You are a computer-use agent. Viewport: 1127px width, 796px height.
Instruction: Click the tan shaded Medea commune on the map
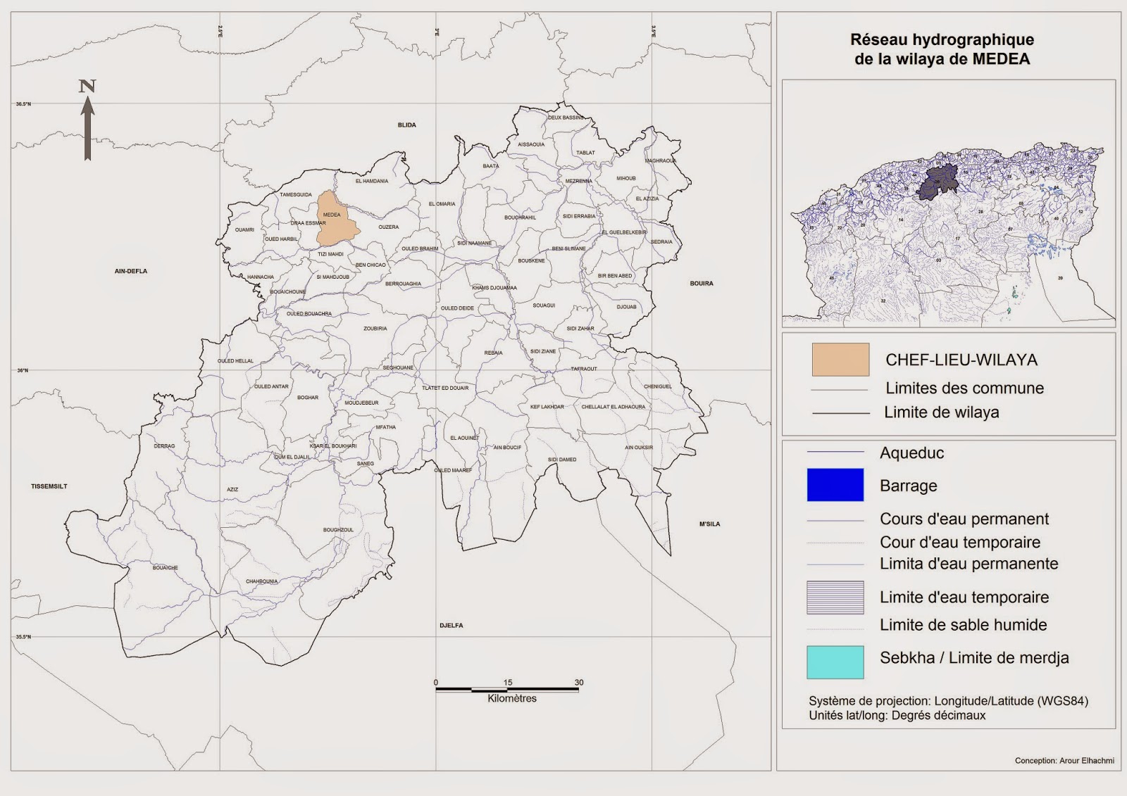[x=337, y=222]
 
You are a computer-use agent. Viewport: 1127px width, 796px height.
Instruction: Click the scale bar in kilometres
[x=507, y=689]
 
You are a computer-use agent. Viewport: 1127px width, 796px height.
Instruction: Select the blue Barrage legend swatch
[x=835, y=485]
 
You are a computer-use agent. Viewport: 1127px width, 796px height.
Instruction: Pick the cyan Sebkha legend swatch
[x=835, y=662]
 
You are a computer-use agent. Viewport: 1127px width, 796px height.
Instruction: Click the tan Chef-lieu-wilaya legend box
[x=840, y=360]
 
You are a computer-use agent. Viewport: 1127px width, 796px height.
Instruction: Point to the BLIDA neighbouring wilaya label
[x=406, y=125]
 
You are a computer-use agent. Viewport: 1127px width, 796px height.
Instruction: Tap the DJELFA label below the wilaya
[x=451, y=625]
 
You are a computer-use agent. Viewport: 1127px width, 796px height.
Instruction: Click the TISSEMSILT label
[x=49, y=486]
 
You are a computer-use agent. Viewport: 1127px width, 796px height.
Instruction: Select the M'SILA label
[x=709, y=524]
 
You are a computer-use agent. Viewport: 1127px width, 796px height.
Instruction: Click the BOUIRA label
[x=701, y=284]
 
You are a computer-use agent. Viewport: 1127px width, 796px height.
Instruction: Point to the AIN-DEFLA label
[x=131, y=271]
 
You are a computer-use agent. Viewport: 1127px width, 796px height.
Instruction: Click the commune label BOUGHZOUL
[x=338, y=530]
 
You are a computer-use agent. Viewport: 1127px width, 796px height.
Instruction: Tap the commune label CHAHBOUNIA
[x=261, y=581]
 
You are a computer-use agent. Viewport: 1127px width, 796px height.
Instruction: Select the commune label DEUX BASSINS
[x=566, y=118]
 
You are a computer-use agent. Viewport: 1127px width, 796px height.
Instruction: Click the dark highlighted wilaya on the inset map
[x=939, y=182]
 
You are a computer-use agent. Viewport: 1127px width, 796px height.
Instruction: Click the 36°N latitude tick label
[x=23, y=370]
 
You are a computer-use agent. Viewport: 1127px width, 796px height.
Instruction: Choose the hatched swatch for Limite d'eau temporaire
[x=835, y=598]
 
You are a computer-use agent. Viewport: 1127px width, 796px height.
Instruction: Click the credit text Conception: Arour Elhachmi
[x=1064, y=760]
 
